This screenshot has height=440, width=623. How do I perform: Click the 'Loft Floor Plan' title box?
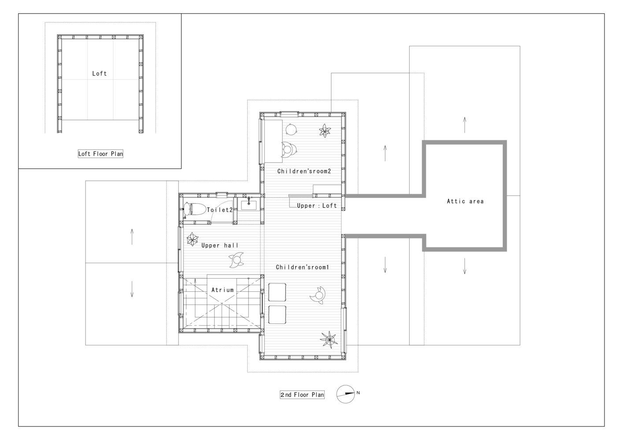(100, 154)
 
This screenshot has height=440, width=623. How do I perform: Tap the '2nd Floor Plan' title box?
(302, 395)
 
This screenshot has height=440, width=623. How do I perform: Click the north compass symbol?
(345, 394)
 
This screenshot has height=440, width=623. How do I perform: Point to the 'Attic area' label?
(465, 202)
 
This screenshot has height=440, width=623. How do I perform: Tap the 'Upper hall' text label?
(220, 245)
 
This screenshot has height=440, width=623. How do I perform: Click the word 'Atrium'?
(222, 290)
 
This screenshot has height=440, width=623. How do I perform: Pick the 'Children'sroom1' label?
(302, 267)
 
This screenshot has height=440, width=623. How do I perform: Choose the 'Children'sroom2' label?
(304, 171)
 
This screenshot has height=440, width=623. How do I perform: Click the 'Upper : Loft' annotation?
(317, 205)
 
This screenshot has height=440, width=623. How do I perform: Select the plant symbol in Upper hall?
(192, 239)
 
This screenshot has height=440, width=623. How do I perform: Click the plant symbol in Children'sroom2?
(325, 131)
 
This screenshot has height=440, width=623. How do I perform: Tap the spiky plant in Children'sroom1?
(329, 339)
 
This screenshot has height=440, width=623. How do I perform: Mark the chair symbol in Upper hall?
(237, 260)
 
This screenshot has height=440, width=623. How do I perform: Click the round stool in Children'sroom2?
(291, 129)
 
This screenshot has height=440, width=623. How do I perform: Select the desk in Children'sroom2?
(273, 141)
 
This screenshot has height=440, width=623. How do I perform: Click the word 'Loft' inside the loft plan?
(99, 73)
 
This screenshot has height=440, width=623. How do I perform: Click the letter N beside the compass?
(358, 393)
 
